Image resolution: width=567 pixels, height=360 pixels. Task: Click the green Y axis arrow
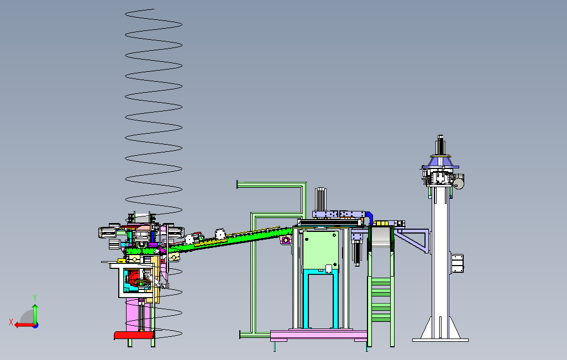click(35, 314)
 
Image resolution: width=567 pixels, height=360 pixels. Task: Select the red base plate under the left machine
click(134, 335)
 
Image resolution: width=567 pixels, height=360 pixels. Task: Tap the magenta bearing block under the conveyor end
click(286, 240)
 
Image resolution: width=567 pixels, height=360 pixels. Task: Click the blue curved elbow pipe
click(369, 218)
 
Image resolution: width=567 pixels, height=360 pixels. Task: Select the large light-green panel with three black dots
click(321, 250)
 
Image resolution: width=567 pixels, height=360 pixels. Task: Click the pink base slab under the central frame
click(318, 335)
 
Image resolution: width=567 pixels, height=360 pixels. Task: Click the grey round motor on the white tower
click(459, 181)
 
